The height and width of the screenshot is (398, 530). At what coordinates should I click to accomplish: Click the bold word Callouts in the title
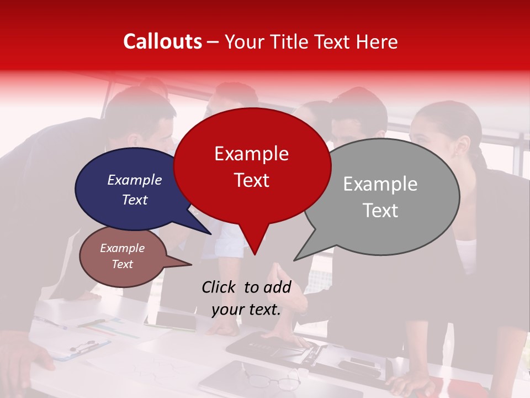click(x=162, y=41)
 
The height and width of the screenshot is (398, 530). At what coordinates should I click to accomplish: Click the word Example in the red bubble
click(x=251, y=154)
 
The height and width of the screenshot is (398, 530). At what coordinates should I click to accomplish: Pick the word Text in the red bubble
click(x=251, y=180)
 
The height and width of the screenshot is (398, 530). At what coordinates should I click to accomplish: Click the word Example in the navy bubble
click(x=134, y=180)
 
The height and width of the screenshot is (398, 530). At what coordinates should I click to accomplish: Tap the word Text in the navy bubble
click(x=134, y=200)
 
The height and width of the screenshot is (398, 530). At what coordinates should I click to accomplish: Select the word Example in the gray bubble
click(x=380, y=184)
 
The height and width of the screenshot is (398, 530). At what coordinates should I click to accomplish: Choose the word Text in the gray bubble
click(x=380, y=210)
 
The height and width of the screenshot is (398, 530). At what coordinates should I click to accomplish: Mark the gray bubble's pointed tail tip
click(x=295, y=260)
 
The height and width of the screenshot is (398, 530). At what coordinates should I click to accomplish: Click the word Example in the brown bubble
click(x=122, y=248)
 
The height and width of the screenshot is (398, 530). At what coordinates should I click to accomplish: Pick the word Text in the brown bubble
click(x=122, y=264)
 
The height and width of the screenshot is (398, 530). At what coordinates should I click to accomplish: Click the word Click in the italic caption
click(x=219, y=287)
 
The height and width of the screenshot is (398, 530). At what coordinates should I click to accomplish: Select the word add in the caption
click(x=277, y=287)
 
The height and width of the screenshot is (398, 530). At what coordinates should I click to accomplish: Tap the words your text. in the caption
click(x=246, y=310)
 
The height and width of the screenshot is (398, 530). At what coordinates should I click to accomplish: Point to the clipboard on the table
click(x=83, y=348)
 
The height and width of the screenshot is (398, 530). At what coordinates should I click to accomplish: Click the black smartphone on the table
click(x=175, y=320)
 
